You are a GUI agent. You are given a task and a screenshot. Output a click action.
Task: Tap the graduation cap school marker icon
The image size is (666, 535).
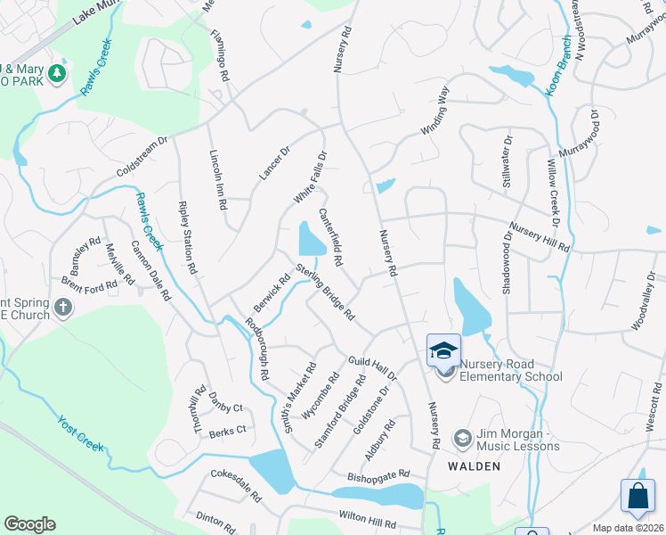443,350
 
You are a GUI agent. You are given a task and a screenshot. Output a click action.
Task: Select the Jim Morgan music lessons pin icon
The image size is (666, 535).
462,438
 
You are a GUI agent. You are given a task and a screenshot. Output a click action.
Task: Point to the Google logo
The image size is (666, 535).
29,524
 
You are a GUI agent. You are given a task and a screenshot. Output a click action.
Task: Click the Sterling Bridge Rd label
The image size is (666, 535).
326,292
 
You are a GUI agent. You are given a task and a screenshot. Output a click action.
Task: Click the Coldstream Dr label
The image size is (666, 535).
142,157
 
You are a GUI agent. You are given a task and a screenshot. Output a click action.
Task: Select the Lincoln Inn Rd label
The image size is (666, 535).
216,179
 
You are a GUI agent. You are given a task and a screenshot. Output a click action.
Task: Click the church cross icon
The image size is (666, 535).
62,308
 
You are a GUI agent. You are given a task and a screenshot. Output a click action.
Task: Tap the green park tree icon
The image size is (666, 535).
58,73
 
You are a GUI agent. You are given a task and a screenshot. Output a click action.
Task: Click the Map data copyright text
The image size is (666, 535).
629,528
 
